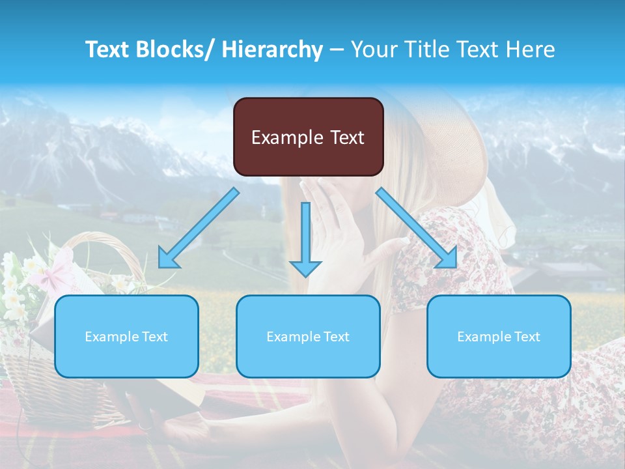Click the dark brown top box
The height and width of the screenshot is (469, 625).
(x=308, y=137)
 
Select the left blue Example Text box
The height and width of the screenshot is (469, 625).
(x=126, y=336)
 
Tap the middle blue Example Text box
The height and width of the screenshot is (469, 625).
(x=308, y=336)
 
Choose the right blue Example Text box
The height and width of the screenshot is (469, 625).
(x=499, y=336)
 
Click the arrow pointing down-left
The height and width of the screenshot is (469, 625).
(x=198, y=229)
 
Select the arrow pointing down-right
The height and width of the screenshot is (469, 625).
(x=417, y=229)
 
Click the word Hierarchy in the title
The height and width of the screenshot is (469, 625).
(x=272, y=50)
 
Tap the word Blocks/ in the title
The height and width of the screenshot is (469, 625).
(x=175, y=50)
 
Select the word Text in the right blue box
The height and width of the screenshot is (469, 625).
(x=527, y=337)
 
